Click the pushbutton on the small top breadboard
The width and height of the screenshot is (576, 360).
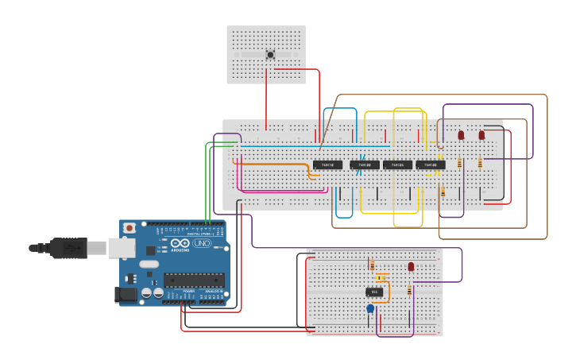point(270,55)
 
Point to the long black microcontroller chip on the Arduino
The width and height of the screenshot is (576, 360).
point(194,280)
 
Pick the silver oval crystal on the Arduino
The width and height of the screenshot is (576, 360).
point(149,264)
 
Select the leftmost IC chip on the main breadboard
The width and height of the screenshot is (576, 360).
point(327,165)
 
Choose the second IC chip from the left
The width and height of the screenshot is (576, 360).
point(365,165)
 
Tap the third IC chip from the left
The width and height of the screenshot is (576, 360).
point(397,165)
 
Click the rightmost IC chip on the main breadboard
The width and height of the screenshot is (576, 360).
point(430,165)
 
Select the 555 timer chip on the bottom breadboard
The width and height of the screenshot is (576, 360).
point(374,292)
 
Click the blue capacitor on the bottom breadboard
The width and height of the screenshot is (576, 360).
point(370,308)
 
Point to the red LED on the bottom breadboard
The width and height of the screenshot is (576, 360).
point(411,267)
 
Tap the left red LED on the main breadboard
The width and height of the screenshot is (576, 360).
point(461,135)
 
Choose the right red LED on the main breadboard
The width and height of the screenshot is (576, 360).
point(481,135)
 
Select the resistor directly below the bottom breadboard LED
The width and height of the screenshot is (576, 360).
point(410,290)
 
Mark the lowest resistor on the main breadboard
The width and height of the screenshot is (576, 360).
point(443,192)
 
